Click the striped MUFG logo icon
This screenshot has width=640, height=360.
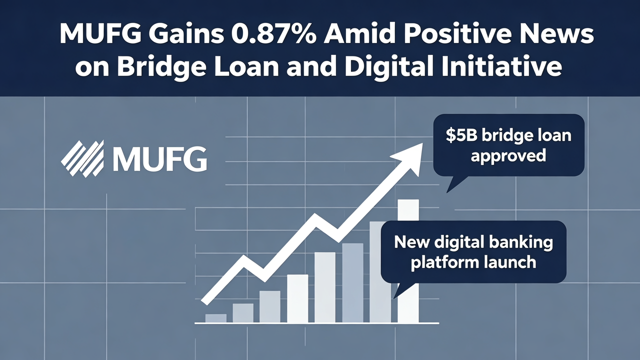click(x=82, y=158)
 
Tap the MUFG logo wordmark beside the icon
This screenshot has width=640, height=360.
click(x=159, y=158)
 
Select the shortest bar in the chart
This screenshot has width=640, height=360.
click(x=216, y=318)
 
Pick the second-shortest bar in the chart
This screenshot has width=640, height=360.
click(x=243, y=313)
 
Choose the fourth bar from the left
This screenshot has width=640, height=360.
click(x=297, y=298)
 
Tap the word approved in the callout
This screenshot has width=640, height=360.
click(x=508, y=155)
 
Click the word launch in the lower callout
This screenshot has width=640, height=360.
click(x=511, y=262)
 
